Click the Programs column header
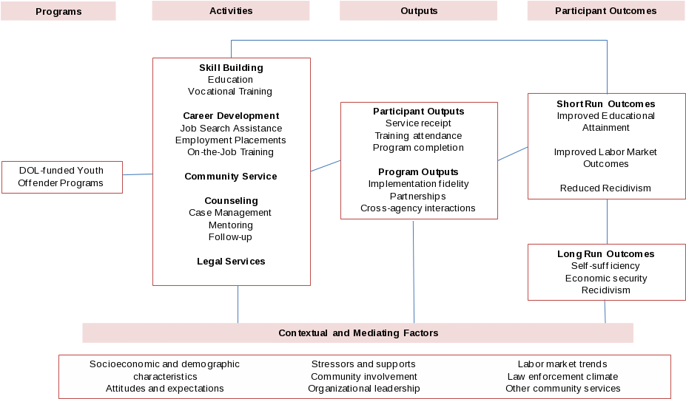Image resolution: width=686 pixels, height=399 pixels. point(58,11)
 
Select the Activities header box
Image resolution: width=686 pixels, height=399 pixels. point(231,10)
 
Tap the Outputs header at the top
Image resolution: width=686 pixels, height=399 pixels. point(419,10)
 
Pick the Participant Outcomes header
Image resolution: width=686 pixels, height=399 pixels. point(605,10)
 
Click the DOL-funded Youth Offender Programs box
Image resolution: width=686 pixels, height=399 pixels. point(61,177)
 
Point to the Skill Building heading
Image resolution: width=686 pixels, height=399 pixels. point(231,68)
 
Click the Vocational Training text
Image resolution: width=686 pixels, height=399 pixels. point(230,92)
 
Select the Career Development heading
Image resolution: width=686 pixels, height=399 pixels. point(231,116)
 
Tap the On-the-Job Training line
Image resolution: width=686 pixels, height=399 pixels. point(230,152)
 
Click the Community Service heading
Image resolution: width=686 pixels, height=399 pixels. point(231,177)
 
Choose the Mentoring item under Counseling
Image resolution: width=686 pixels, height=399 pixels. point(230,225)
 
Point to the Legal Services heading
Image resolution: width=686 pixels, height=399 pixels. point(231,262)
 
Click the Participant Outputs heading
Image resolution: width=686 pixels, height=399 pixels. point(419,112)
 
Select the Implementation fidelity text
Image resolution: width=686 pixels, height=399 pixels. point(419,184)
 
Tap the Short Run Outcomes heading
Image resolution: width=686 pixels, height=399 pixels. point(605,104)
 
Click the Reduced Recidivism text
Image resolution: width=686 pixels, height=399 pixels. point(605,188)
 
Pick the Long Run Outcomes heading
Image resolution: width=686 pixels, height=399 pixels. point(605,254)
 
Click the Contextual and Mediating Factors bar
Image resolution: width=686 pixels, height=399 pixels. point(358,333)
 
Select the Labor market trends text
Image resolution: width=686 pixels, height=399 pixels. point(562,364)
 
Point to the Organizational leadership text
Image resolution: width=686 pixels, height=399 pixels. point(364,389)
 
